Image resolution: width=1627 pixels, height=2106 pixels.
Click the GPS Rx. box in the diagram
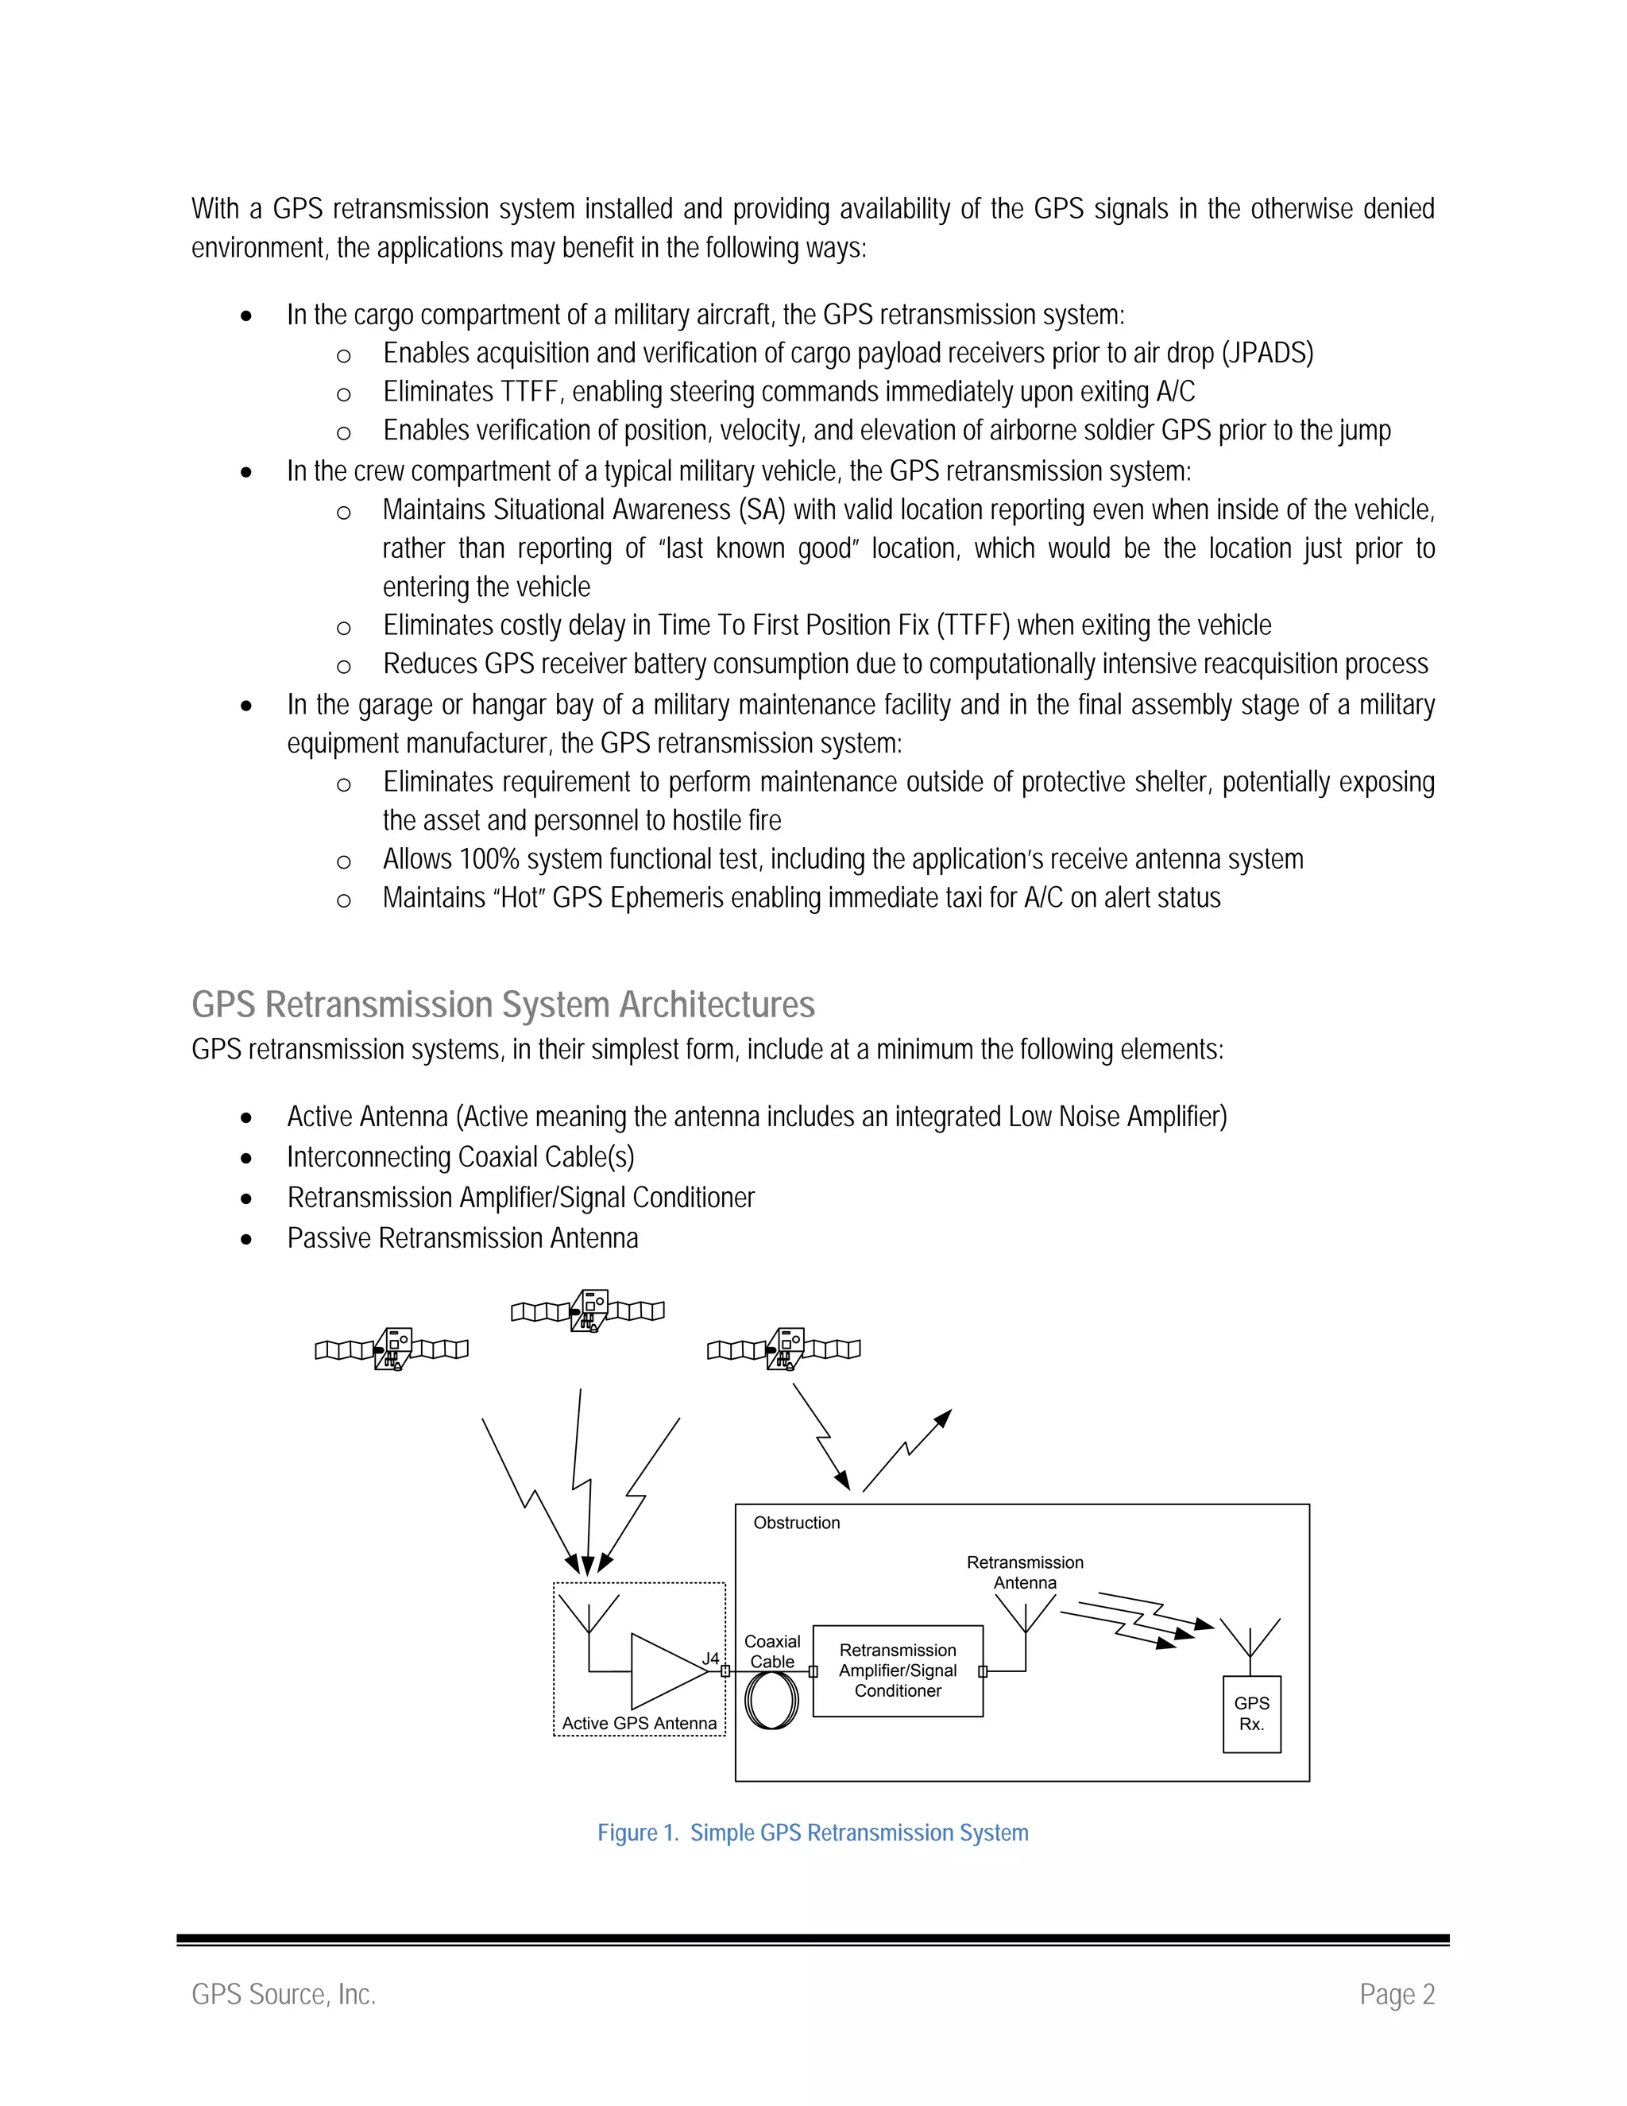pyautogui.click(x=1251, y=1713)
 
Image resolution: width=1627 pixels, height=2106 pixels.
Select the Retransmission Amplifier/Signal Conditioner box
pyautogui.click(x=898, y=1670)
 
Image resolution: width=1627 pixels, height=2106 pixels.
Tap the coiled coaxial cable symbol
pyautogui.click(x=772, y=1700)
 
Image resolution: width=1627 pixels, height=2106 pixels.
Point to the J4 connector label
pyautogui.click(x=710, y=1658)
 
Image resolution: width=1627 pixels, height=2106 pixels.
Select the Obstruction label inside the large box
pyautogui.click(x=796, y=1523)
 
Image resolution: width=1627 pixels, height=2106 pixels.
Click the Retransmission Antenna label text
pyautogui.click(x=1025, y=1572)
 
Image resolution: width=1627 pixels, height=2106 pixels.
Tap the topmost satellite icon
pyautogui.click(x=588, y=1310)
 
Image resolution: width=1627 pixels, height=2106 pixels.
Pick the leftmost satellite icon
pyautogui.click(x=392, y=1349)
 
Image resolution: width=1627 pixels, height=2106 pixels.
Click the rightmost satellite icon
pyautogui.click(x=785, y=1349)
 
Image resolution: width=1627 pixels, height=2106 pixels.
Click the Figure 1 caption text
pyautogui.click(x=813, y=1832)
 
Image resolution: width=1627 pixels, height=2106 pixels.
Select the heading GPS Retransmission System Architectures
pyautogui.click(x=503, y=1005)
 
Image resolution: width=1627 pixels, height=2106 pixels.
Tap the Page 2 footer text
pyautogui.click(x=1397, y=1994)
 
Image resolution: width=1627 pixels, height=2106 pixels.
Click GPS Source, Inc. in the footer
pyautogui.click(x=284, y=1994)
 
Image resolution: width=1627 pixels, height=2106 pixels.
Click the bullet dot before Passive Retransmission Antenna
pyautogui.click(x=247, y=1239)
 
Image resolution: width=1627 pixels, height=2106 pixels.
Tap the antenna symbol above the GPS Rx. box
pyautogui.click(x=1250, y=1637)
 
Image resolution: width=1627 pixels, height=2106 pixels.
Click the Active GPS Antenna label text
pyautogui.click(x=639, y=1723)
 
